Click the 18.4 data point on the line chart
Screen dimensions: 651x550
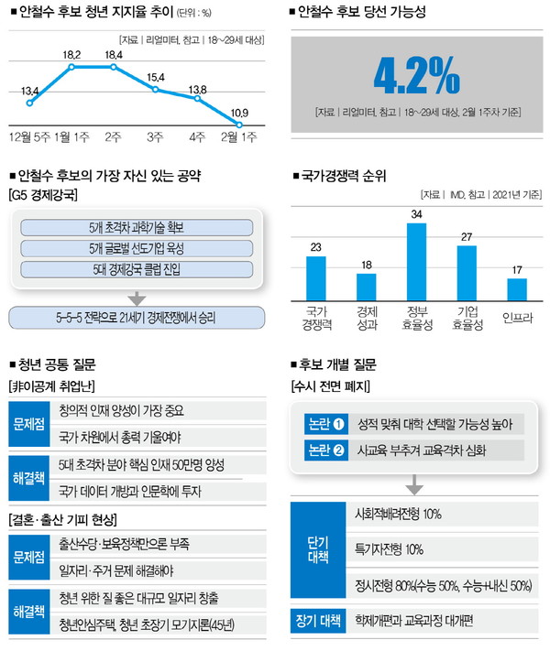pos(114,67)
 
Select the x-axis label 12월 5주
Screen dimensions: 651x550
pos(30,136)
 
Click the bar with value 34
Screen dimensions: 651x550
pos(416,264)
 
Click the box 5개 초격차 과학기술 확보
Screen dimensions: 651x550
pos(136,227)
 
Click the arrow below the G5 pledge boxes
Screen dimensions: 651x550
pos(136,297)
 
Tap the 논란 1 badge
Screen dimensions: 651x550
pos(326,424)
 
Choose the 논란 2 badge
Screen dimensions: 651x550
pos(326,450)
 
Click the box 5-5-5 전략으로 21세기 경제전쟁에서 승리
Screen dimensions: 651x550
pos(136,317)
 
